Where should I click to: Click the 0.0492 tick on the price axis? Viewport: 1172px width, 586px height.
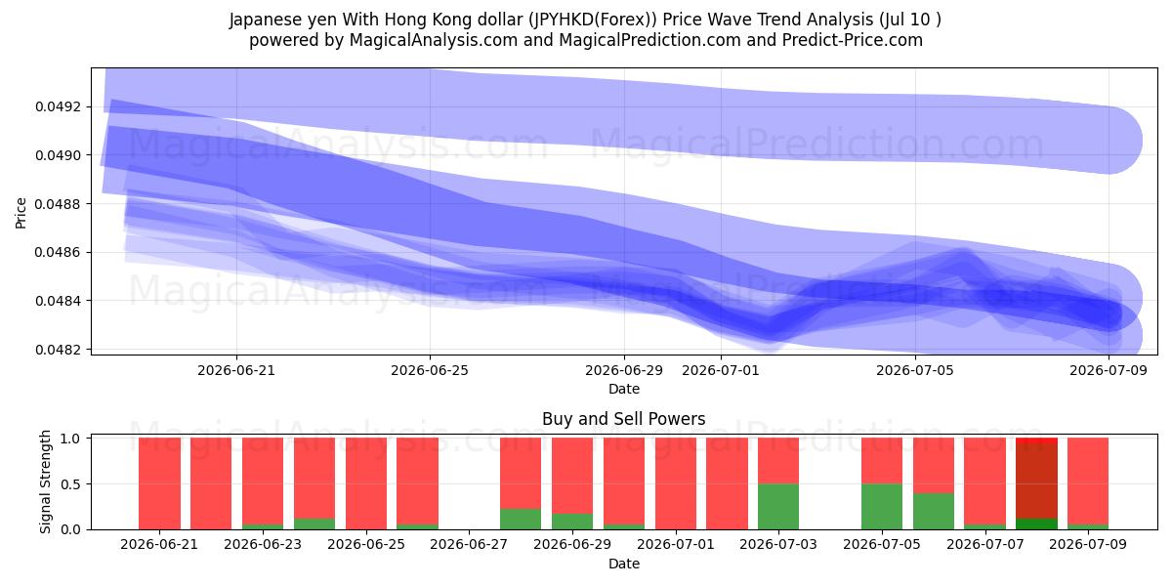click(58, 106)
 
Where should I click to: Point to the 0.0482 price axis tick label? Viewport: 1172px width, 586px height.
click(58, 350)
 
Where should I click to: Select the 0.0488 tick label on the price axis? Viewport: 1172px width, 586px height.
click(58, 204)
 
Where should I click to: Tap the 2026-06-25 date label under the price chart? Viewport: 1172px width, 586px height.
click(430, 370)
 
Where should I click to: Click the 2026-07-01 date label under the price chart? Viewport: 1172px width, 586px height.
click(721, 370)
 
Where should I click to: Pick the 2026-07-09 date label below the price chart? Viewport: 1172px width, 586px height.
click(1109, 370)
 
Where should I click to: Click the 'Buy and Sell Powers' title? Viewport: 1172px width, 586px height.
click(624, 419)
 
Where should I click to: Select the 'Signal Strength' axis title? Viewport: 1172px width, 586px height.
click(46, 481)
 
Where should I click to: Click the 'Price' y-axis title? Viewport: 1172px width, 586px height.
click(21, 213)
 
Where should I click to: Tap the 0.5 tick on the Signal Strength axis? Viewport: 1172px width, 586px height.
click(70, 484)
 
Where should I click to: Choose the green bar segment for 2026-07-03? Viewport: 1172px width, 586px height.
click(778, 507)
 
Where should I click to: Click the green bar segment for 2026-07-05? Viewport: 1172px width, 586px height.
click(882, 507)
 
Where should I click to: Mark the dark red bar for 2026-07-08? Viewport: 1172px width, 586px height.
click(1037, 481)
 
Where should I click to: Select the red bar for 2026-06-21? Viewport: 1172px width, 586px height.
click(159, 483)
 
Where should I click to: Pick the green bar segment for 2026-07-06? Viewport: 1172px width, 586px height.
click(934, 511)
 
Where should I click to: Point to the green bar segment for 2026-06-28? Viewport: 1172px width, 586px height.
click(521, 519)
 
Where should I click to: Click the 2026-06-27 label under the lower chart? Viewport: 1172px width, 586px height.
click(469, 545)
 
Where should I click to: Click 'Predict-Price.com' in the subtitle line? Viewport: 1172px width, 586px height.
click(853, 40)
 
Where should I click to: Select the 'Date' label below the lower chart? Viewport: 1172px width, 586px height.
click(624, 564)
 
